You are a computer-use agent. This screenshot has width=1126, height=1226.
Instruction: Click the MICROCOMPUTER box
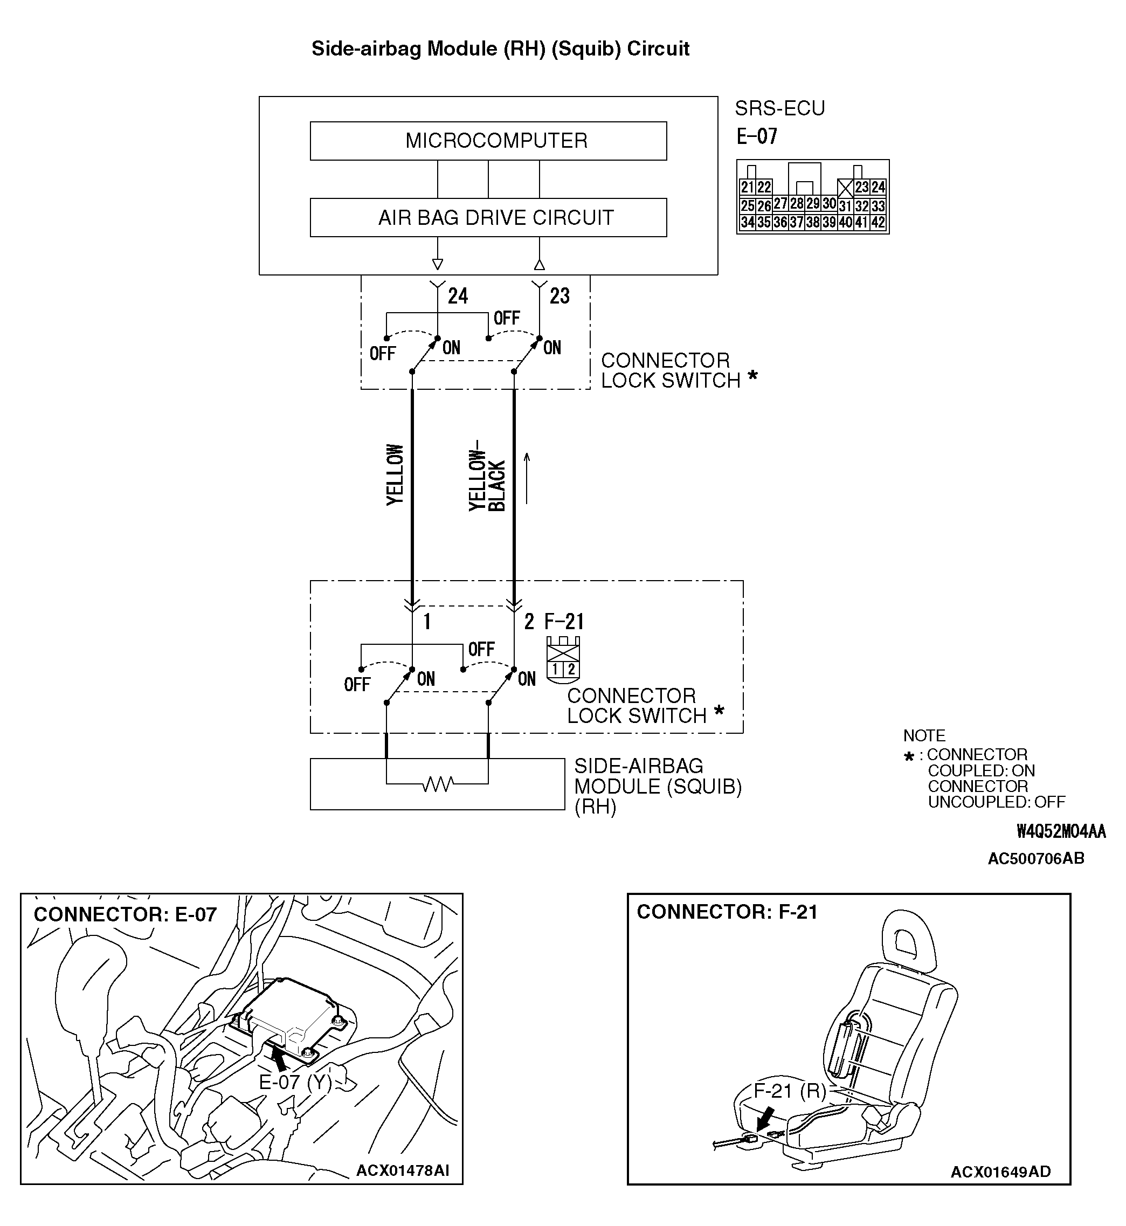pos(488,141)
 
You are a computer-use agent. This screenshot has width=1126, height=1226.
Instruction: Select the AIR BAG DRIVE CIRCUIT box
pos(488,217)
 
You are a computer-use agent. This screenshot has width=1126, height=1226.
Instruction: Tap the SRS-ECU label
pos(779,108)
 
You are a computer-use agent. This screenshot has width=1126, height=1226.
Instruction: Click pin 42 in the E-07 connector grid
pos(878,223)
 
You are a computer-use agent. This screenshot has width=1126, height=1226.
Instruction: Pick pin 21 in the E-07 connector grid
pos(747,187)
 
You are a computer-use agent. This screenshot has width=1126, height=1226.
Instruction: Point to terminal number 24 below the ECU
pos(458,296)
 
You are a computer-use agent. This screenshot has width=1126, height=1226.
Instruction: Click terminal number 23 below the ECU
pos(559,296)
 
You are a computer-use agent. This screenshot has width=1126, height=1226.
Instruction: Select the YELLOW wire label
pos(396,474)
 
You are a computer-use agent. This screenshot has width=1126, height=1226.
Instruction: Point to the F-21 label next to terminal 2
pos(564,622)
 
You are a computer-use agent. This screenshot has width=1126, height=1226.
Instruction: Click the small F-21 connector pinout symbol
pos(563,660)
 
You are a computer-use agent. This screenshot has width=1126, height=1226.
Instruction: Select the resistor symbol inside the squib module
pos(438,784)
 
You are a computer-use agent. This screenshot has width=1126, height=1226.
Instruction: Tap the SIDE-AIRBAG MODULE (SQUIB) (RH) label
pos(658,786)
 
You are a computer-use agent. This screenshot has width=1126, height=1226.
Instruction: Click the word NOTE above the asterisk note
pos(924,735)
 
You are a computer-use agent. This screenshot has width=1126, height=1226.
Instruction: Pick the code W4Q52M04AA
pos(1061,831)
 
